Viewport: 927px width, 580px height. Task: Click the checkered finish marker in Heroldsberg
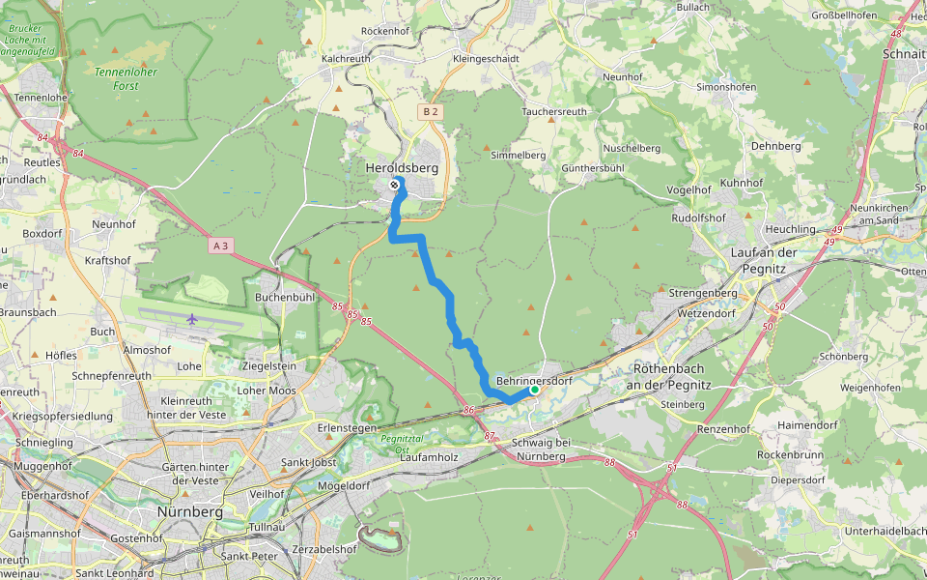point(395,185)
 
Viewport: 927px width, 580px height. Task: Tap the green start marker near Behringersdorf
point(534,390)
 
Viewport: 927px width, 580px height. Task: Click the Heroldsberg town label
point(402,168)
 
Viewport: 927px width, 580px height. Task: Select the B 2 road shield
point(430,112)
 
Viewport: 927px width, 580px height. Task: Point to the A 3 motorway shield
point(220,246)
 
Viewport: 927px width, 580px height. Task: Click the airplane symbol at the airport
point(193,318)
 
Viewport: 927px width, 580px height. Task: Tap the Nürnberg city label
point(190,511)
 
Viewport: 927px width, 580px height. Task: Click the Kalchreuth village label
point(346,59)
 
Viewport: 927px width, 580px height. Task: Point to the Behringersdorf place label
point(534,381)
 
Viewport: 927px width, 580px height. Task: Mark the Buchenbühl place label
point(285,298)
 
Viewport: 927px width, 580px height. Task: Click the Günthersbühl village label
point(594,167)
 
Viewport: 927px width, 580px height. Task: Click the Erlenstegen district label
point(345,426)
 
